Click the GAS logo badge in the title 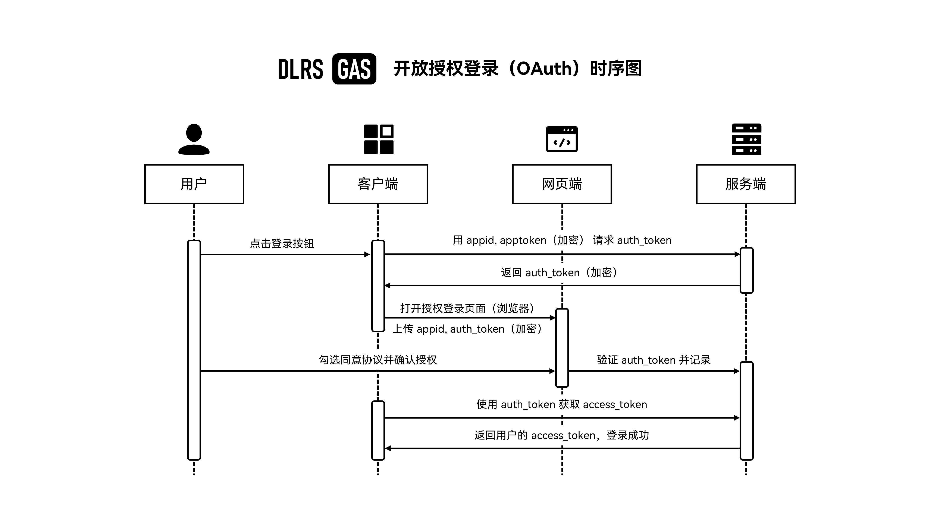point(354,69)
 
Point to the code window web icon point(562,139)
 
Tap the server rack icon point(746,139)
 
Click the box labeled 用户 point(194,184)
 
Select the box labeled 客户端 point(378,184)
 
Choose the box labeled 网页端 point(562,184)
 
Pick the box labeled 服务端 point(746,184)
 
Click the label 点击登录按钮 point(282,243)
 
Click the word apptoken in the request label point(523,240)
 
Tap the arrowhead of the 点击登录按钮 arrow point(367,254)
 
